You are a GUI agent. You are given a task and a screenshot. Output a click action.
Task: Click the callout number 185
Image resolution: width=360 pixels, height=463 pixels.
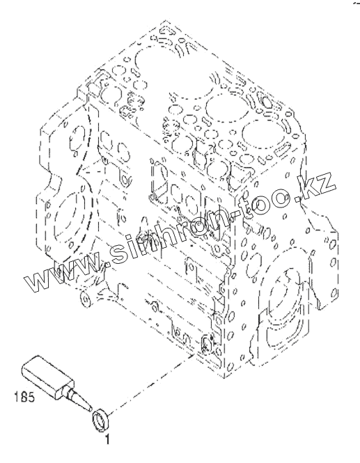(x=25, y=398)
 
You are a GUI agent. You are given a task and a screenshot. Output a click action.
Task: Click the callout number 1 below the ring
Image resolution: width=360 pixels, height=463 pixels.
(x=107, y=439)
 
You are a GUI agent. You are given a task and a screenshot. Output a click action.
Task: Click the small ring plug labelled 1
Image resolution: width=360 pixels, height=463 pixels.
(x=101, y=421)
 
